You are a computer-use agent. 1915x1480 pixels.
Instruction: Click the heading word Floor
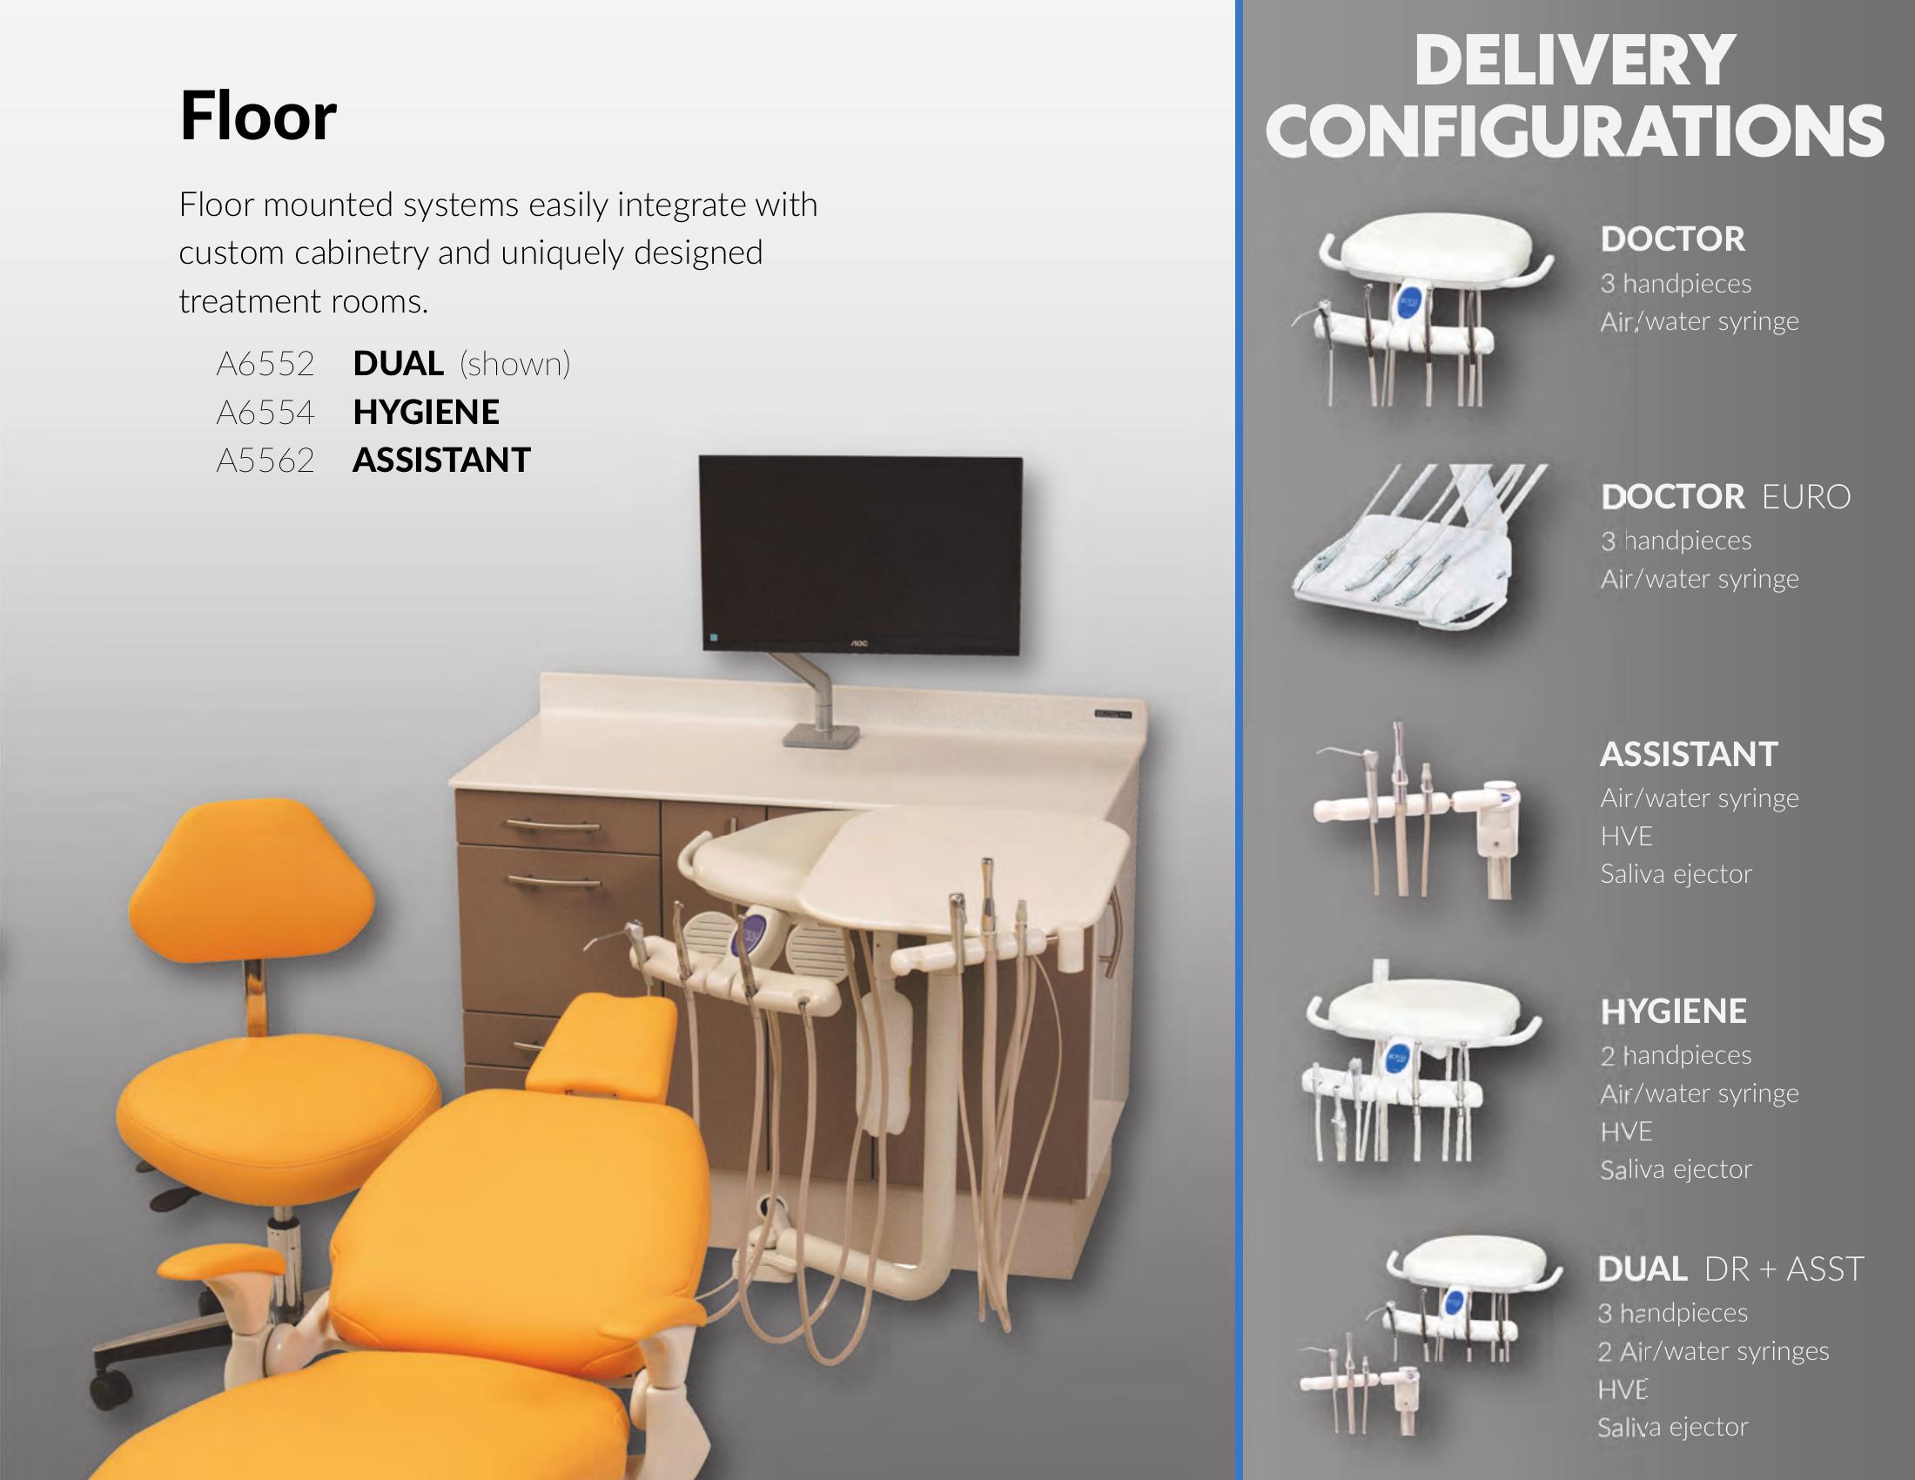click(x=258, y=116)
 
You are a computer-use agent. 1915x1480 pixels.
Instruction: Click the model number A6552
click(x=265, y=364)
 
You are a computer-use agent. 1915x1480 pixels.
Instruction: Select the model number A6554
click(x=265, y=412)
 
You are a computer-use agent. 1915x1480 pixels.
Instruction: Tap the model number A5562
click(x=265, y=461)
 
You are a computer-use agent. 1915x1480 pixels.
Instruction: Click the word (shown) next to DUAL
click(x=514, y=364)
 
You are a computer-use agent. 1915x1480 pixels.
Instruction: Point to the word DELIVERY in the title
click(x=1574, y=60)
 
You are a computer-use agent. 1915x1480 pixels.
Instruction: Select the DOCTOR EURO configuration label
click(x=1725, y=497)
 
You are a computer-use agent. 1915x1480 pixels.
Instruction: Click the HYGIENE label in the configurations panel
click(x=1673, y=1012)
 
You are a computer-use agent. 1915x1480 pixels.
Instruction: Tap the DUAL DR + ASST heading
click(x=1730, y=1268)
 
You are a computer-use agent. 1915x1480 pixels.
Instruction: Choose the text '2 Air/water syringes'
click(x=1713, y=1352)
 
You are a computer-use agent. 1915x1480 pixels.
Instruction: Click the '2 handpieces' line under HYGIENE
click(x=1676, y=1056)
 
